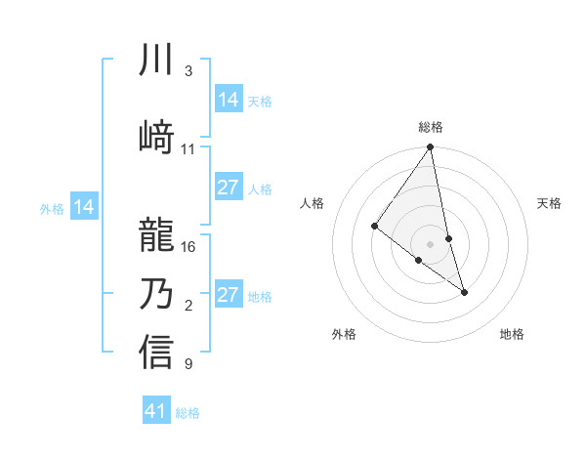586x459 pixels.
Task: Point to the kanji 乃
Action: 156,293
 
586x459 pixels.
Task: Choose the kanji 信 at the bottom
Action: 156,352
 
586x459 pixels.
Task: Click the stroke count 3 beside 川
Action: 188,72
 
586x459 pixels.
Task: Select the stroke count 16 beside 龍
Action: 188,247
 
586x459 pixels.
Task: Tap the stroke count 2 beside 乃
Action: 188,307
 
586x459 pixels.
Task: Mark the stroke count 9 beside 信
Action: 188,365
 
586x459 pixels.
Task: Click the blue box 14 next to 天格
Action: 229,100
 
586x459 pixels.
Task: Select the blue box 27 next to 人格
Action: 229,188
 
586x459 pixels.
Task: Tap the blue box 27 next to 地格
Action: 229,295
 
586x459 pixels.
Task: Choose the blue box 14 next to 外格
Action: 84,207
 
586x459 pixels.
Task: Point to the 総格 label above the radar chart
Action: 431,127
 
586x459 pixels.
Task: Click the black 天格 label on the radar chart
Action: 549,203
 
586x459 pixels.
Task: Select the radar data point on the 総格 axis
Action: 431,148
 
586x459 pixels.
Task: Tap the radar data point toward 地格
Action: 464,292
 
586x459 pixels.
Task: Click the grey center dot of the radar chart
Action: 431,243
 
